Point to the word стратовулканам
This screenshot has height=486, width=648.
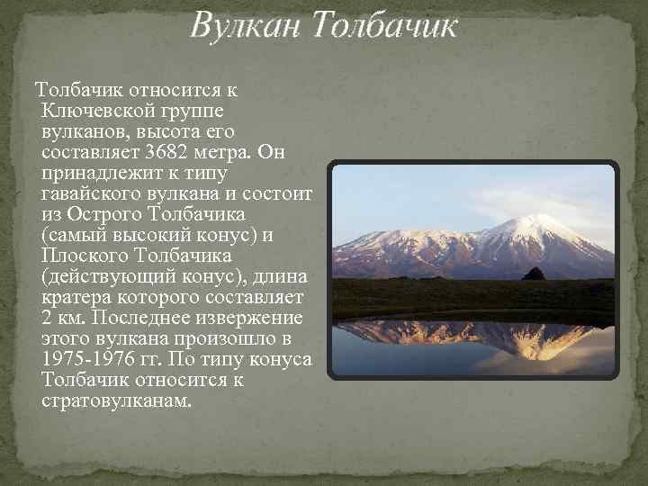pyautogui.click(x=116, y=400)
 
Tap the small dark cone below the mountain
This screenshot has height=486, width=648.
pyautogui.click(x=534, y=274)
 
